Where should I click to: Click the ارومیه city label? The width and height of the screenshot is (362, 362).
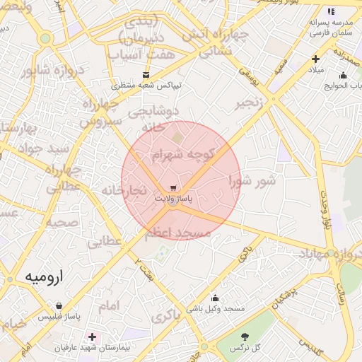click(x=43, y=276)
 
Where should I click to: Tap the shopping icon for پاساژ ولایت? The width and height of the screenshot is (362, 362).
click(x=173, y=188)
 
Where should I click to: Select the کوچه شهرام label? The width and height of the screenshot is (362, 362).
click(x=182, y=155)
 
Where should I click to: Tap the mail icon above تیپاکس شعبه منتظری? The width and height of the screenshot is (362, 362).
click(x=146, y=74)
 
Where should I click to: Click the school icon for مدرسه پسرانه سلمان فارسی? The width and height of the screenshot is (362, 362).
click(x=331, y=11)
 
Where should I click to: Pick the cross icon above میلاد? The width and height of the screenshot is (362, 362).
click(x=315, y=59)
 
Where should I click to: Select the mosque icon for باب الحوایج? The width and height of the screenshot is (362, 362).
click(x=344, y=76)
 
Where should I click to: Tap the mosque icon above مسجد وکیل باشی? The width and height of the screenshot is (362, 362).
click(x=215, y=298)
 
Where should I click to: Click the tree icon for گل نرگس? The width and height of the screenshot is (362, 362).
click(x=245, y=337)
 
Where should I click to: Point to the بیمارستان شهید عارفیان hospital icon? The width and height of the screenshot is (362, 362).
click(x=92, y=337)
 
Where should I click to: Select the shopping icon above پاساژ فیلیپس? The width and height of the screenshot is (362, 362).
click(x=62, y=305)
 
